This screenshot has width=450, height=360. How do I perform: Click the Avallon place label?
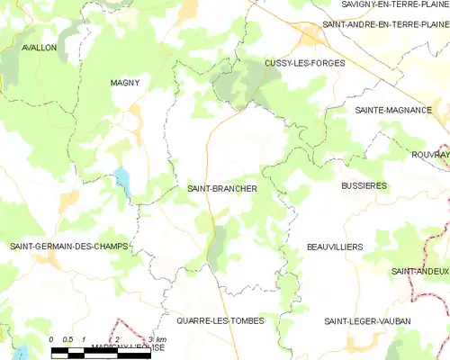(39, 47)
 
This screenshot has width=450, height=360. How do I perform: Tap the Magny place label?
(124, 82)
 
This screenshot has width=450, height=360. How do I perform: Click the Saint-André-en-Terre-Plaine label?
(385, 24)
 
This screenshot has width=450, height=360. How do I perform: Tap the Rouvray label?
(431, 155)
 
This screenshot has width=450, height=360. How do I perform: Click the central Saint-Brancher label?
(222, 189)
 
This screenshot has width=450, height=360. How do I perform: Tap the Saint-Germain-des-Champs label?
(69, 246)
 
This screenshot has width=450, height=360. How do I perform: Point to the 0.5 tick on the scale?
(67, 340)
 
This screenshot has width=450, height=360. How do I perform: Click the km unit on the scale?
(159, 340)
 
